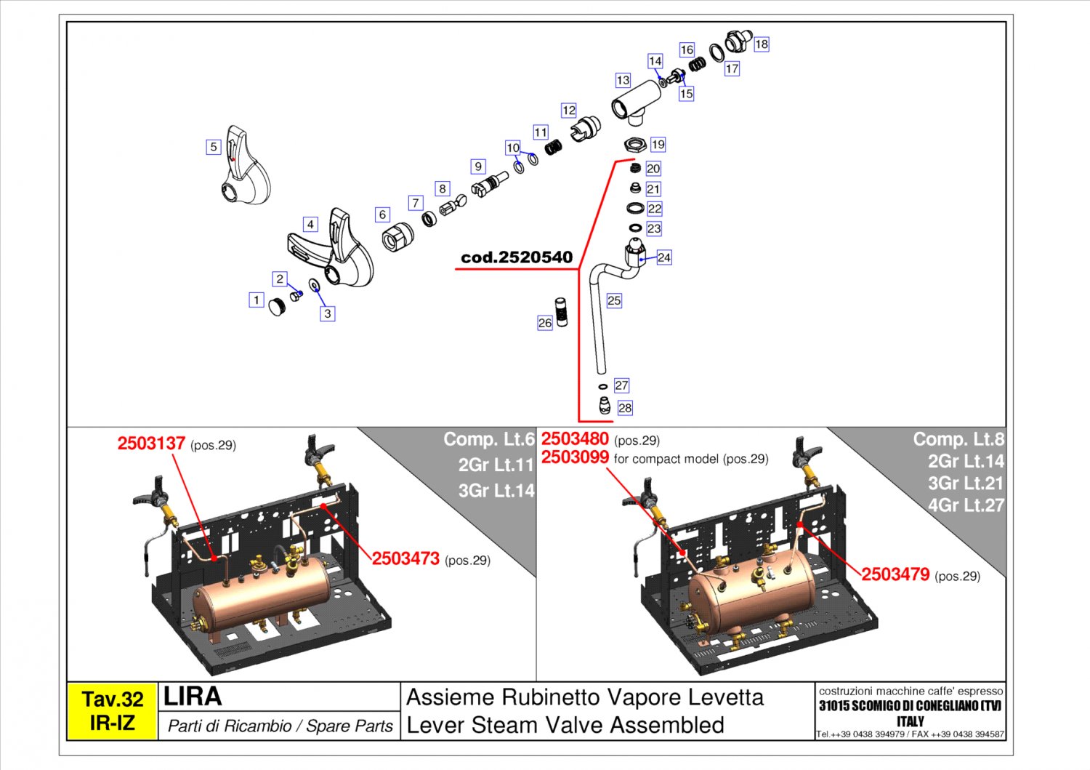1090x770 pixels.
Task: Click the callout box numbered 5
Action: (x=213, y=147)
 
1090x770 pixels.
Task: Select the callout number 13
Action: (x=623, y=80)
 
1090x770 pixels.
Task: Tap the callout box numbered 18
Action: (x=761, y=44)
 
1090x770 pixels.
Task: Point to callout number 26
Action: (x=545, y=323)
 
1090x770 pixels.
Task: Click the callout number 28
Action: (x=624, y=408)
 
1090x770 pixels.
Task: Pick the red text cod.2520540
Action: (x=517, y=257)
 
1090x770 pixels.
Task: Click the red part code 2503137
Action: (x=151, y=444)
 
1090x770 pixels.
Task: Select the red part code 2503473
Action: (x=405, y=558)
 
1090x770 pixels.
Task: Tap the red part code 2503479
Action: (x=895, y=574)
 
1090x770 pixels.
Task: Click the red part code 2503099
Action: (x=575, y=457)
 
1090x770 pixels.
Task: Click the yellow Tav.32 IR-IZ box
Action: (x=112, y=711)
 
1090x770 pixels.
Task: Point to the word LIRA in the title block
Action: (x=193, y=697)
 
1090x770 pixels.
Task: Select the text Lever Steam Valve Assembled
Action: (x=565, y=725)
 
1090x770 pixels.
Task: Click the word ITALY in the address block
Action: (x=910, y=721)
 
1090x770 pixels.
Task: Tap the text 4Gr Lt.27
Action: (x=965, y=505)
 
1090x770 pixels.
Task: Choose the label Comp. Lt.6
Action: (x=488, y=439)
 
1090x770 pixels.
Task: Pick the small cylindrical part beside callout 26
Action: (x=562, y=312)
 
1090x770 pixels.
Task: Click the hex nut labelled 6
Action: (x=397, y=236)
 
